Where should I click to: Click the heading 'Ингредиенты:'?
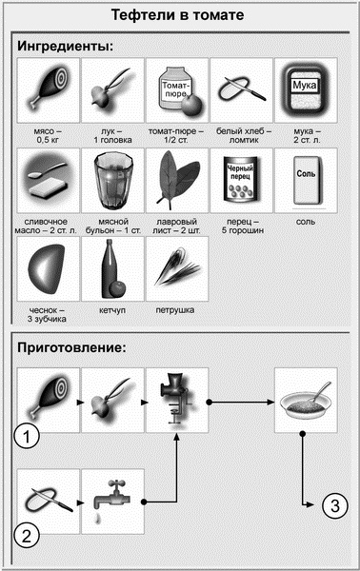coord(65,46)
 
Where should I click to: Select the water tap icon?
coord(112,498)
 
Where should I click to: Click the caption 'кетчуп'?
coord(111,309)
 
